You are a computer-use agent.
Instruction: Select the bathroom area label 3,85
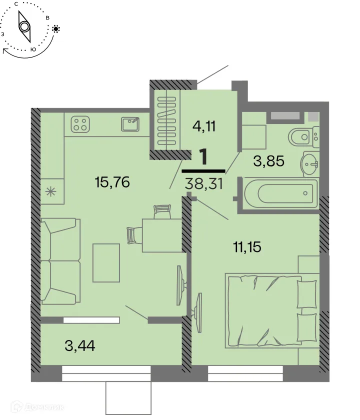point(268,161)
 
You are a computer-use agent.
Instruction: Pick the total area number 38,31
point(203,184)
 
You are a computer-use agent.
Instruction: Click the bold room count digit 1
point(203,157)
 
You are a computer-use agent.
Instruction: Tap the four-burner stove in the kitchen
point(80,123)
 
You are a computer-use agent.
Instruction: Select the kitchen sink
point(131,123)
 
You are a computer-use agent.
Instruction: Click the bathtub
point(279,192)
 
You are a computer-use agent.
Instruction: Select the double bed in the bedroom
point(270,310)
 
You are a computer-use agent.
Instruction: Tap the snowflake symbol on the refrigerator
point(51,190)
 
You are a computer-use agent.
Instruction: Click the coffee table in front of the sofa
point(106,263)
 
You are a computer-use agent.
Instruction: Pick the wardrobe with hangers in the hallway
point(164,120)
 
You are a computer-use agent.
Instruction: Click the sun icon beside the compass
point(56,29)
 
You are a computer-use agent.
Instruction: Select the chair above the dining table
point(162,212)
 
